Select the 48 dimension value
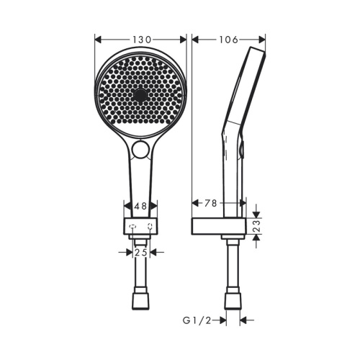[141, 206]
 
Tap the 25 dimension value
[141, 253]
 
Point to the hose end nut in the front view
[141, 300]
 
